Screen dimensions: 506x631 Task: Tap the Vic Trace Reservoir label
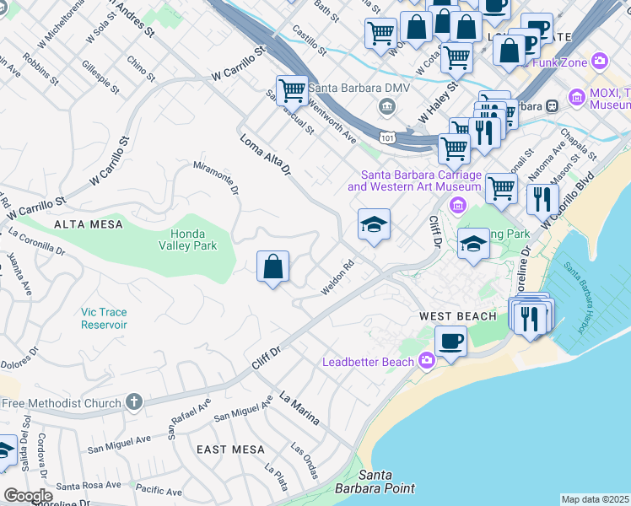coord(104,318)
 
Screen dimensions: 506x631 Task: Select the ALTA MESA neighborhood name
coord(89,224)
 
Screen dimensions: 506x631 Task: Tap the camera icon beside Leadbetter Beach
coord(427,362)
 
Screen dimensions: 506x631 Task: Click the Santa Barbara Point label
coord(386,482)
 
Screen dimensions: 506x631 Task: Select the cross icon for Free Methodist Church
coord(133,403)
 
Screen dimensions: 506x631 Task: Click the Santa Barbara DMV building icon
coord(387,105)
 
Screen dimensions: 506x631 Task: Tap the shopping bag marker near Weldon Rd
coord(272,267)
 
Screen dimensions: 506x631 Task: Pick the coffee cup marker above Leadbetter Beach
coord(450,342)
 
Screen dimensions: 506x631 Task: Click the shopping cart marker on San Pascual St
coord(292,89)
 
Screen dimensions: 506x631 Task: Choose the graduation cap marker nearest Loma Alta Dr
coord(374,224)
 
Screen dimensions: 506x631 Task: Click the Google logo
coord(28,496)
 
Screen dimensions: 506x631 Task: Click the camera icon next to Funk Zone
coord(600,60)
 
